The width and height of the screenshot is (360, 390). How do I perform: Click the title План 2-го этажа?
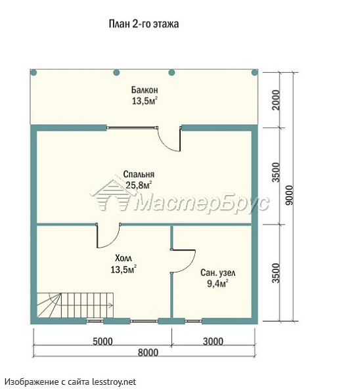pyautogui.click(x=144, y=24)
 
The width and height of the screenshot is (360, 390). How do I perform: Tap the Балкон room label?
pyautogui.click(x=145, y=89)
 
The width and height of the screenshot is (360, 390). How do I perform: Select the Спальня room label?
pyautogui.click(x=139, y=174)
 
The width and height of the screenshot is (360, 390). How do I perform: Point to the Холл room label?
pyautogui.click(x=124, y=258)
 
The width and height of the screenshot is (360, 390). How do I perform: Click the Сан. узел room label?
pyautogui.click(x=217, y=273)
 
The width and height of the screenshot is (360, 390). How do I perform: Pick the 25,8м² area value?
pyautogui.click(x=139, y=185)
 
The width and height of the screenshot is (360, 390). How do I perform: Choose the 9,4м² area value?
pyautogui.click(x=217, y=284)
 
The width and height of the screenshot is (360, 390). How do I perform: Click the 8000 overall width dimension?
pyautogui.click(x=148, y=352)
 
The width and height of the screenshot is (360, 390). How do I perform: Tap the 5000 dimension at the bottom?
pyautogui.click(x=102, y=341)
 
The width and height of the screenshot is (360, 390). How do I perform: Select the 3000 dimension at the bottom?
pyautogui.click(x=213, y=341)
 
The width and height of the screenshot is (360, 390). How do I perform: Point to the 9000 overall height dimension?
pyautogui.click(x=290, y=195)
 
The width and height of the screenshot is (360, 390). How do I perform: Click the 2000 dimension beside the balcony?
pyautogui.click(x=276, y=100)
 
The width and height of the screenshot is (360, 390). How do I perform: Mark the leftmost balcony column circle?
pyautogui.click(x=34, y=73)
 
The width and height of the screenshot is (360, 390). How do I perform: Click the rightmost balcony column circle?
pyautogui.click(x=254, y=73)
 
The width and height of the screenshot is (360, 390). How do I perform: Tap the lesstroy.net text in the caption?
pyautogui.click(x=114, y=381)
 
